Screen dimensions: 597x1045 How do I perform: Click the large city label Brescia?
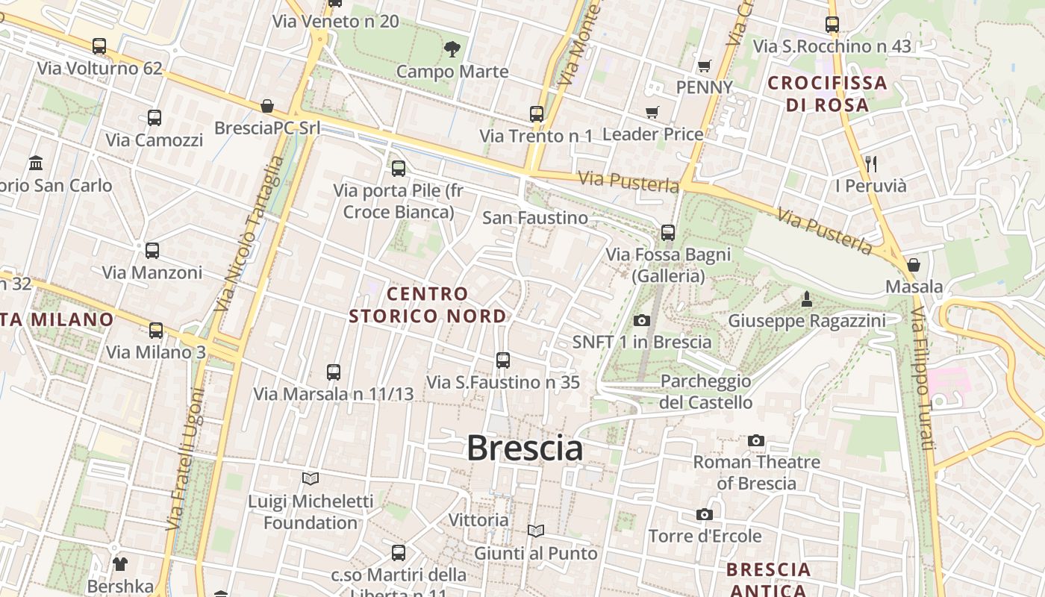click(x=525, y=448)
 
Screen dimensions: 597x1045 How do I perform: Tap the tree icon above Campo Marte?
click(x=452, y=50)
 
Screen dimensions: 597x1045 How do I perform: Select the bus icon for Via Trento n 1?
click(x=537, y=114)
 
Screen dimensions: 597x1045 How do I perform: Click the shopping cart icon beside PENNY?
click(x=704, y=66)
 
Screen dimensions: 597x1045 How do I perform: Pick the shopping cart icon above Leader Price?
click(x=652, y=113)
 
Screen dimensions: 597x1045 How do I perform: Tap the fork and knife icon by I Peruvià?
click(x=870, y=163)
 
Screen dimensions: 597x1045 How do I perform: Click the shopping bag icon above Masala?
click(x=913, y=265)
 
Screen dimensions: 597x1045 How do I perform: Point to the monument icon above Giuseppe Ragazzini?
click(x=806, y=300)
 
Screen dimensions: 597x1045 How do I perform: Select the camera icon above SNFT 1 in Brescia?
click(x=641, y=321)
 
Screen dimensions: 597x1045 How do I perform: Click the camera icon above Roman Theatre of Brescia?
click(x=756, y=441)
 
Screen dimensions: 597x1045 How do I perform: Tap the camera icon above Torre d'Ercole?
click(x=704, y=514)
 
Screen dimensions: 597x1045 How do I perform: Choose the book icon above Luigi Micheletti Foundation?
click(x=311, y=478)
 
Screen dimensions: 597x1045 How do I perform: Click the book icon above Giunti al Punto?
click(x=535, y=531)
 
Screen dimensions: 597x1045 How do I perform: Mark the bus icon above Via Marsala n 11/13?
click(x=334, y=372)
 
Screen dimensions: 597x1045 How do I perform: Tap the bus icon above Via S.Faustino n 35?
click(x=503, y=360)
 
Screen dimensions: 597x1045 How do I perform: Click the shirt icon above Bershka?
click(x=119, y=564)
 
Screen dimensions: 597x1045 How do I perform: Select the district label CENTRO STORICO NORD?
click(x=428, y=305)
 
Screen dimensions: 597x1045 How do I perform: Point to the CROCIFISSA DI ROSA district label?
click(x=827, y=93)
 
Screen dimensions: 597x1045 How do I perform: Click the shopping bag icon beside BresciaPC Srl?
click(x=267, y=107)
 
